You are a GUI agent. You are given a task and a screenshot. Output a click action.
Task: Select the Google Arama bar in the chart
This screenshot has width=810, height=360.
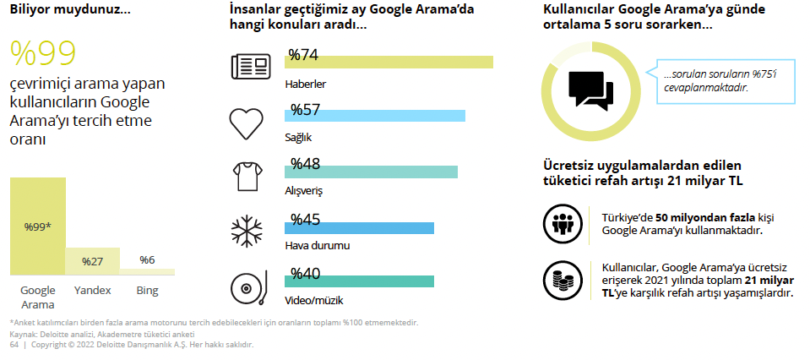tap(37, 226)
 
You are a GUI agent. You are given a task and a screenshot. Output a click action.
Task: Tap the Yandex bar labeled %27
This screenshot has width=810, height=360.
tap(92, 261)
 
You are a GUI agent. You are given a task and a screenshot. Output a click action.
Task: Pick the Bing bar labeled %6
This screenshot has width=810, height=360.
tap(147, 270)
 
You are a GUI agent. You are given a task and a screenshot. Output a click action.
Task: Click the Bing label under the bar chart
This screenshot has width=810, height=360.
tap(147, 290)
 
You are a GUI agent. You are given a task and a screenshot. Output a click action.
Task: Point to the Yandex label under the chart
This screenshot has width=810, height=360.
tap(92, 290)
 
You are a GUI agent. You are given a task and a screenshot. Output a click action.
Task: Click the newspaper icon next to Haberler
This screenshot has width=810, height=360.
tap(249, 67)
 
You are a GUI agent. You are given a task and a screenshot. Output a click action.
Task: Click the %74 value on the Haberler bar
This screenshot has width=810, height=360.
tap(303, 55)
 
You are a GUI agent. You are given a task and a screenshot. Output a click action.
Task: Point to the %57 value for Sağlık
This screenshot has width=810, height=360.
tap(305, 110)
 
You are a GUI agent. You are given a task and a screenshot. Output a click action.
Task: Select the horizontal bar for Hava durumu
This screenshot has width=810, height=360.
tap(359, 228)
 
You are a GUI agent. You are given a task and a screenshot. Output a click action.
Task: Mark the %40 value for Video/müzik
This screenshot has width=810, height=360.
tap(305, 273)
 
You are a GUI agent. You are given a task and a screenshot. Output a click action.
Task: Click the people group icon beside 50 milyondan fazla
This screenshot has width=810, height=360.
tap(562, 223)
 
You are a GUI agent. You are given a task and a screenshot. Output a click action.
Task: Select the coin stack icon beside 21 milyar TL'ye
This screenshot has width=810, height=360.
tap(562, 279)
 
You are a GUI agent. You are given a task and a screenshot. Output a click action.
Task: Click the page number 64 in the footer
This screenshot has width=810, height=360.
tap(14, 344)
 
